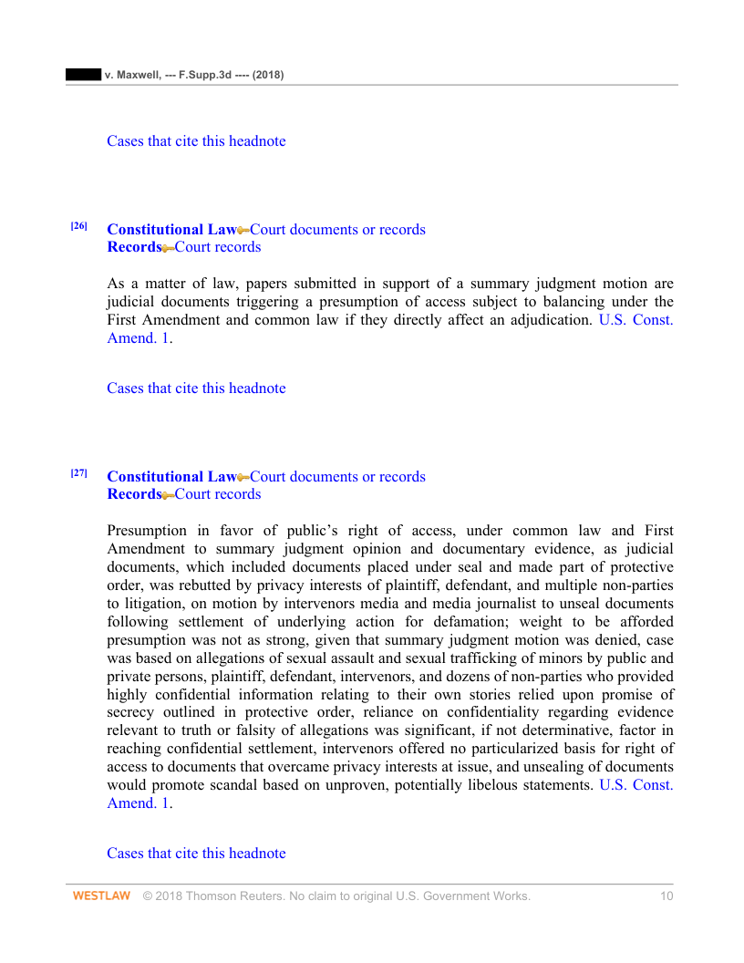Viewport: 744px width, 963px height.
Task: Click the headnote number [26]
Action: coord(79,226)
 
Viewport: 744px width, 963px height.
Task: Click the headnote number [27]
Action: coord(79,473)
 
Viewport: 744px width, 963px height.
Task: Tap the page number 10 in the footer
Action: coord(666,896)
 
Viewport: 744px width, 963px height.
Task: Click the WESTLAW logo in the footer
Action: coord(101,896)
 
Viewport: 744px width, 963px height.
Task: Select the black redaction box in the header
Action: coord(83,74)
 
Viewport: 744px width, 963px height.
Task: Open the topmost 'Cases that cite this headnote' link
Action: coord(196,141)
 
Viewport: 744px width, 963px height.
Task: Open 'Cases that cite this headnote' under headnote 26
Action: coord(196,388)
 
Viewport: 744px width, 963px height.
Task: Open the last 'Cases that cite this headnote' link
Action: coord(196,854)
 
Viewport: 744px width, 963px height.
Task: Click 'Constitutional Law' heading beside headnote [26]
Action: coord(170,230)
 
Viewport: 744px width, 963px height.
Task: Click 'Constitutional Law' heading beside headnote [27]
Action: coord(170,477)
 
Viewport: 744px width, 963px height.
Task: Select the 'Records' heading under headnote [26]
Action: coord(133,247)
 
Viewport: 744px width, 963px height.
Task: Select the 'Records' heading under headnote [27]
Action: coord(133,494)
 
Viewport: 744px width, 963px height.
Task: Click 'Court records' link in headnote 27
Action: coord(218,494)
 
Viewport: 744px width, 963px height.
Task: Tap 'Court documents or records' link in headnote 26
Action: coord(337,230)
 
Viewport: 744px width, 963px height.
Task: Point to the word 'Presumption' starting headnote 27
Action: coord(147,531)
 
